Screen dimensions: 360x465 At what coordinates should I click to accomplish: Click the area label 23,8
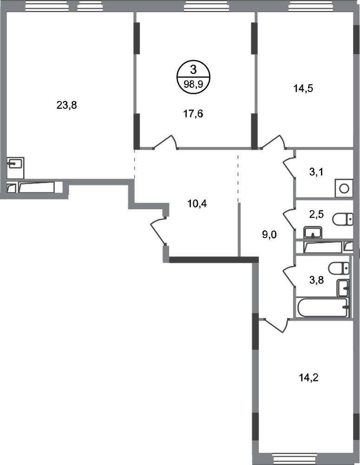pos(67,105)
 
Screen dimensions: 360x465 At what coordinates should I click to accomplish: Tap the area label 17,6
pos(193,113)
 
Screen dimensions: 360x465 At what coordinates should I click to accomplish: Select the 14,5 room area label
pos(303,88)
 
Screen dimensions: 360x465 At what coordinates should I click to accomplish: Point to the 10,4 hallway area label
pos(197,204)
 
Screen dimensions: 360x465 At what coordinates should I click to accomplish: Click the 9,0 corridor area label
pos(269,235)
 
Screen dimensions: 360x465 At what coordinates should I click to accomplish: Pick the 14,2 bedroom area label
pos(308,378)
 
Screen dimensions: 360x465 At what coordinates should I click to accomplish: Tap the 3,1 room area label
pos(316,172)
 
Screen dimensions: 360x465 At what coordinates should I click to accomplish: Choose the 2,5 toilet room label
pos(316,214)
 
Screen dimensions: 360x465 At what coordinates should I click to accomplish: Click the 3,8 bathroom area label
pos(316,279)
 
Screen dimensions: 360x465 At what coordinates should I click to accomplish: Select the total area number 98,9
pos(193,84)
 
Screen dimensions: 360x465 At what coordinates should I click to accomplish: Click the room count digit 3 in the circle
pos(193,70)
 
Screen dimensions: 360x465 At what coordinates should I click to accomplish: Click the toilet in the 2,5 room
pos(343,220)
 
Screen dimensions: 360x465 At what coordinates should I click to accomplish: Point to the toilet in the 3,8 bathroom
pos(339,268)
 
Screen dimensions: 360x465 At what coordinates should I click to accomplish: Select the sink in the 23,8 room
pos(16,163)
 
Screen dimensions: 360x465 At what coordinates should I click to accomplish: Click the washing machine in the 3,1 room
pos(344,188)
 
